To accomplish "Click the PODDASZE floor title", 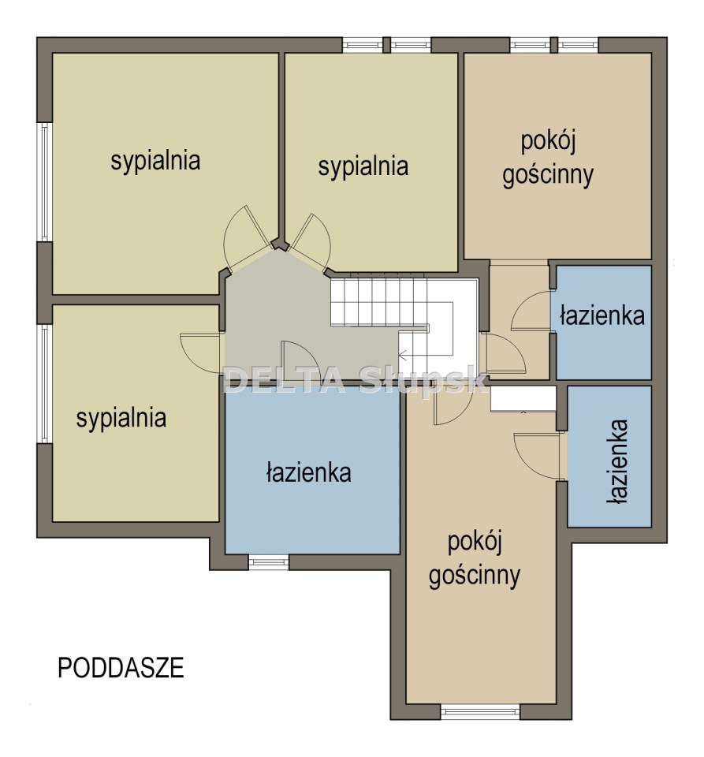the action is (x=121, y=668).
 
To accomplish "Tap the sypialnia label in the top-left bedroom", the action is (x=155, y=161).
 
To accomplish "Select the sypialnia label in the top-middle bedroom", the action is (x=363, y=166).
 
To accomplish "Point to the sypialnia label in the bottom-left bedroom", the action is (x=121, y=418).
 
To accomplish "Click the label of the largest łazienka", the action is (x=309, y=472).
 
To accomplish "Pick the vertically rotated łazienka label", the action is (x=618, y=461).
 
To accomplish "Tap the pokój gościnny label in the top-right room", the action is (x=548, y=158).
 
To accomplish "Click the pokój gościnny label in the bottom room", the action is (x=475, y=559).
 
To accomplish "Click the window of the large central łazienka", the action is (x=268, y=562).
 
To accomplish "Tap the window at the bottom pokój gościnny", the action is (x=480, y=711).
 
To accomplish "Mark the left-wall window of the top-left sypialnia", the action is (x=44, y=181).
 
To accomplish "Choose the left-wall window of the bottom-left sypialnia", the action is (x=44, y=384).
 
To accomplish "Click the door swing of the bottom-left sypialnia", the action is (x=200, y=352).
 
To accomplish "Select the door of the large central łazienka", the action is (x=299, y=360).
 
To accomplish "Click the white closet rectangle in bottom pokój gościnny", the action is (x=523, y=398).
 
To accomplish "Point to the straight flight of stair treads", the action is (x=379, y=302).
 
